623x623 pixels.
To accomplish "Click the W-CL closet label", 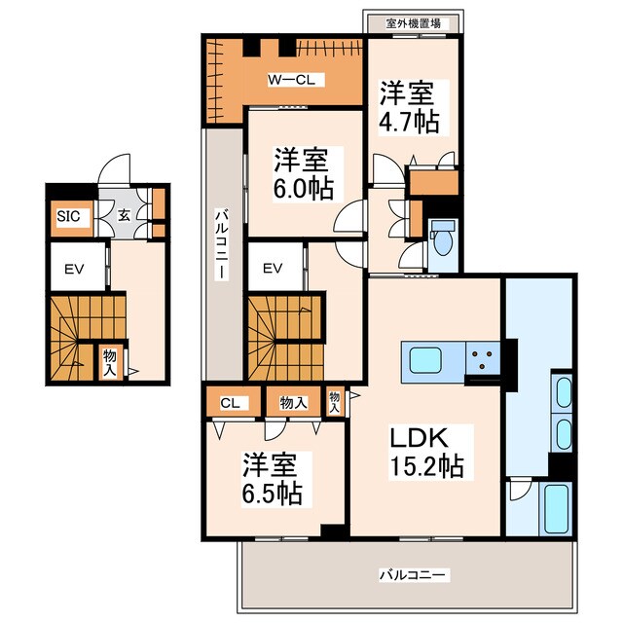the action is coord(291,80).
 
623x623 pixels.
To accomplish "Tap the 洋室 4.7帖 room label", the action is coord(409,107).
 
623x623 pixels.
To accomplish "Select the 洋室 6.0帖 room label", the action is coord(303,173).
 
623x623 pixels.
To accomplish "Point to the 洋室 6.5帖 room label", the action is coord(273,479).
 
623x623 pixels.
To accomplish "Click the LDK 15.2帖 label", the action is coord(426,452).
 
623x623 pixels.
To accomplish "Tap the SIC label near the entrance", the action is coord(68,216).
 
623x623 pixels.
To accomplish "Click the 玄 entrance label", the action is coord(124,216).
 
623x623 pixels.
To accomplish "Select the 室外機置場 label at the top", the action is coord(414,23).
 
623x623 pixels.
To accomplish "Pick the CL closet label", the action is coord(230,403).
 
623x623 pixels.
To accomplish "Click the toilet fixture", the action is coord(443,238).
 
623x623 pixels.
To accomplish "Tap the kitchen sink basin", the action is coord(425,360).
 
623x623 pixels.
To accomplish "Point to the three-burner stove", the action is coord(483,358).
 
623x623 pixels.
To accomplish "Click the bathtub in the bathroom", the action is coord(557,509).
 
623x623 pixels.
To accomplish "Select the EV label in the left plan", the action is coord(74,270).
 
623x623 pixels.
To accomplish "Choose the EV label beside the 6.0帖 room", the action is coord(273,269).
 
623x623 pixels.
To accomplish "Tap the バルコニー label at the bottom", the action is coord(414,575).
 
